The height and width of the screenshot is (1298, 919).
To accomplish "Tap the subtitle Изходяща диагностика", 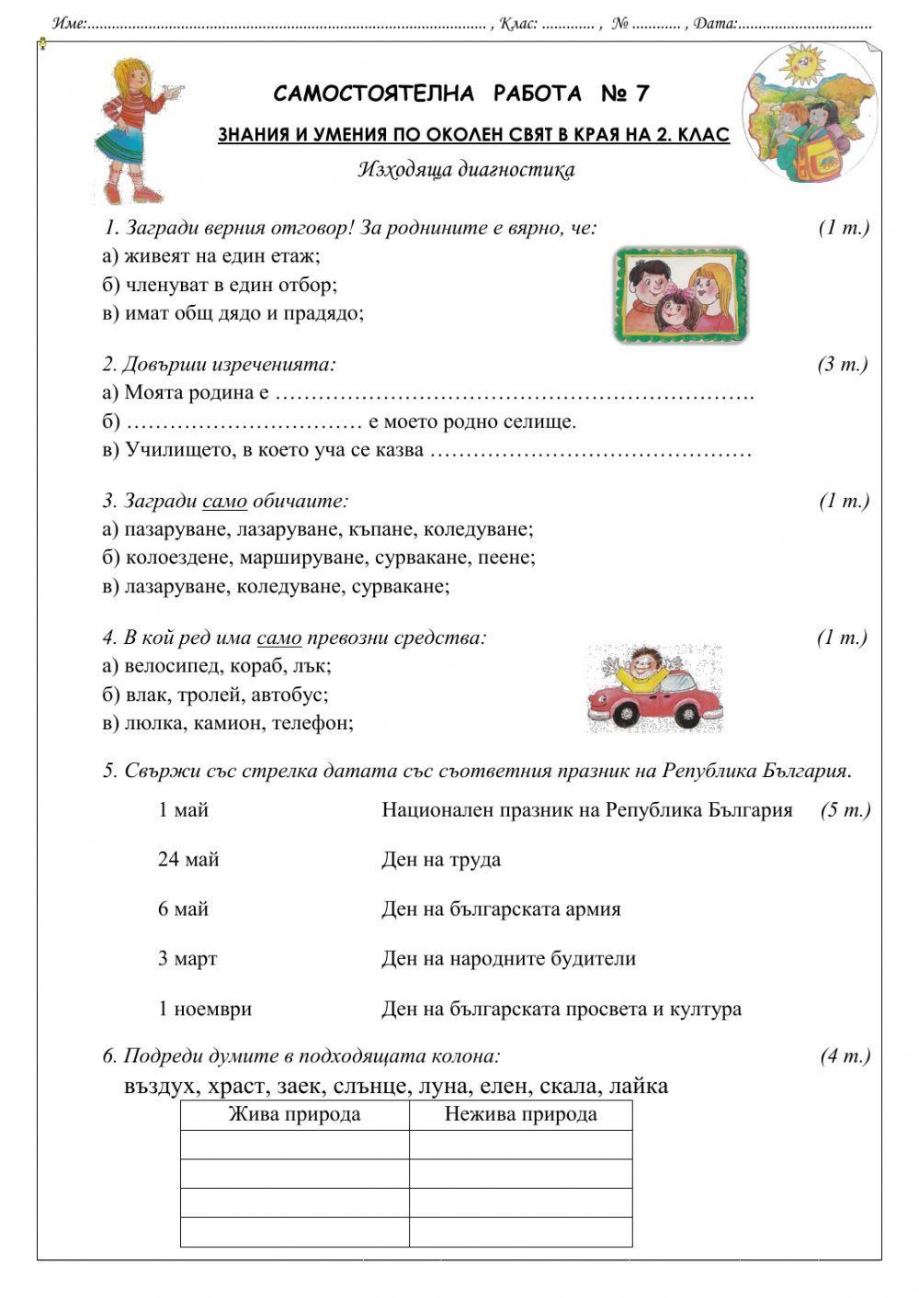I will [466, 169].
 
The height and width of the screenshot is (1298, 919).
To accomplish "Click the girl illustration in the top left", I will [135, 130].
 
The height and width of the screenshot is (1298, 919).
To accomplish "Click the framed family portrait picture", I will [679, 295].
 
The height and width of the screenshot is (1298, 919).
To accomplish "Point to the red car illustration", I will [653, 689].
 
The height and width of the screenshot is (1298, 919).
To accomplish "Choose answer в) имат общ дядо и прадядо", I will [233, 313].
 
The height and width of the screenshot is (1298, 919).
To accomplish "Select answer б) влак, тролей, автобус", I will [215, 694].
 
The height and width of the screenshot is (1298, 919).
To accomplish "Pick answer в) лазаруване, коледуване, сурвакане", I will [276, 586].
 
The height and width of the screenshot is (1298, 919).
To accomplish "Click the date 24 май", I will [188, 860].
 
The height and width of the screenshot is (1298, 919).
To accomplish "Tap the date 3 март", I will [187, 959].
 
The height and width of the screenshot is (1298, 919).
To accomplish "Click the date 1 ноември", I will [205, 1009].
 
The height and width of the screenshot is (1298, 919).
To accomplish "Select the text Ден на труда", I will [441, 860].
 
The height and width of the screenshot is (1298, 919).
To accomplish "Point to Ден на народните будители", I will [508, 959].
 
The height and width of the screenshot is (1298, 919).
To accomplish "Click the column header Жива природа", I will [294, 1115].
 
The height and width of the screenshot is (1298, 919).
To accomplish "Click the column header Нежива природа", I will [520, 1115].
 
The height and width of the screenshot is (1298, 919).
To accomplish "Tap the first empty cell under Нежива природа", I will [520, 1145].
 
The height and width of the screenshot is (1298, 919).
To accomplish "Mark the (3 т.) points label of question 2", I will [842, 365].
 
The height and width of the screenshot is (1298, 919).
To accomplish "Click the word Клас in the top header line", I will [517, 23].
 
